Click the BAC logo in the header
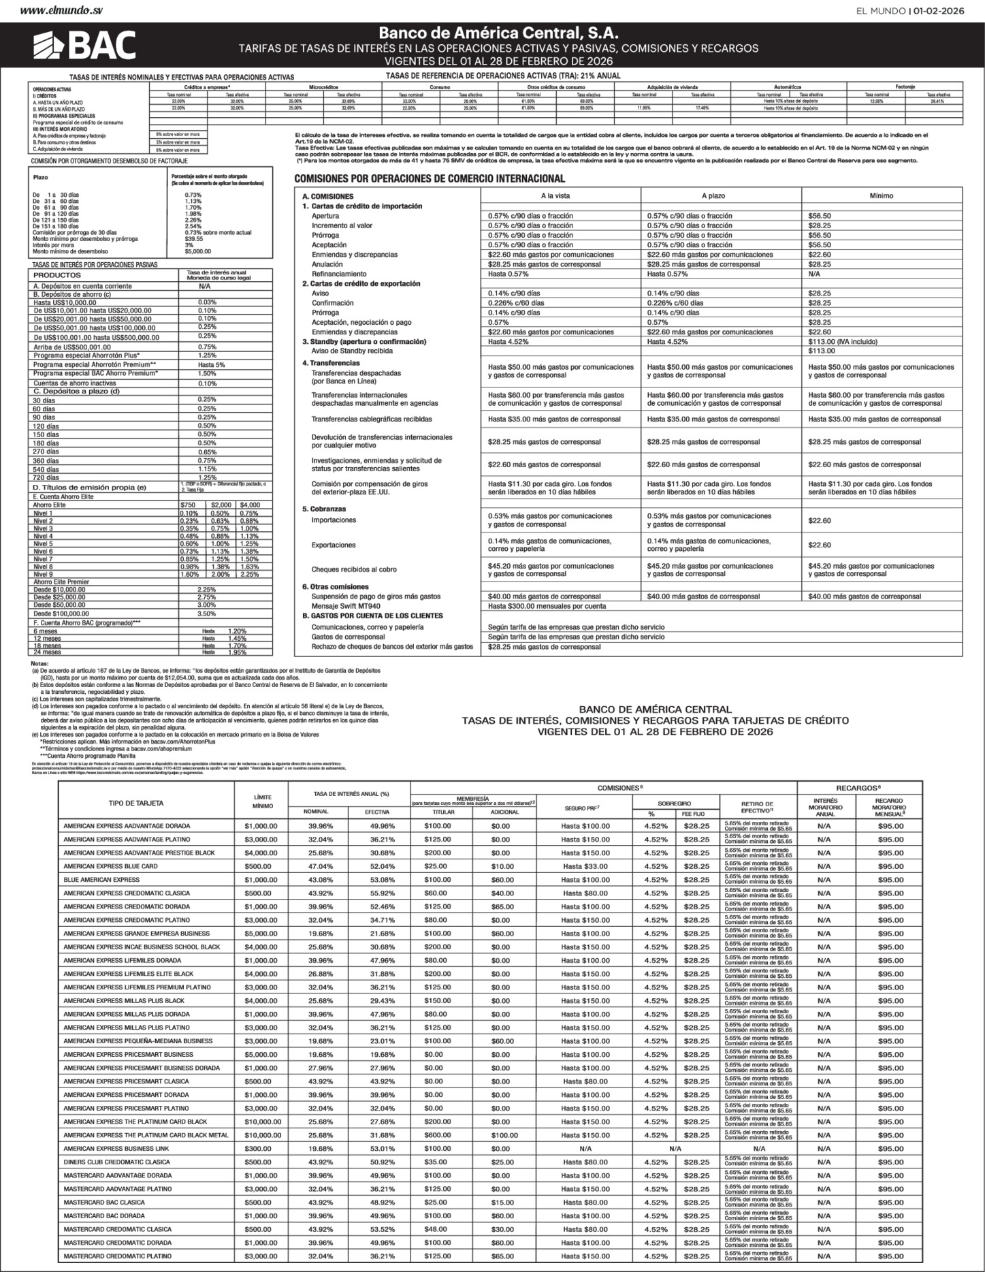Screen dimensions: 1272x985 pyautogui.click(x=84, y=46)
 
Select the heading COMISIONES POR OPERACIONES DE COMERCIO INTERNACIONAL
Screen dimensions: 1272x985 pyautogui.click(x=429, y=179)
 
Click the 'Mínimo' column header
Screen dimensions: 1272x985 pyautogui.click(x=881, y=195)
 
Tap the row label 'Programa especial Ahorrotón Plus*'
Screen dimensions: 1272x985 pyautogui.click(x=86, y=355)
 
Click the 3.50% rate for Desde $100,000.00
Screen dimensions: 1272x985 pyautogui.click(x=206, y=614)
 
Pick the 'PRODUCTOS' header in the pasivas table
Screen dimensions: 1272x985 pyautogui.click(x=57, y=274)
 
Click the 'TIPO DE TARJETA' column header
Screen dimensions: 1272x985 pyautogui.click(x=136, y=804)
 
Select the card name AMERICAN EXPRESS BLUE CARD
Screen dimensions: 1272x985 pyautogui.click(x=110, y=866)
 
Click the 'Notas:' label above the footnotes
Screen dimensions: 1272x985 pyautogui.click(x=39, y=664)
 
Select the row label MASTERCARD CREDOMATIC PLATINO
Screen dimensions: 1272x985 pyautogui.click(x=117, y=1256)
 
